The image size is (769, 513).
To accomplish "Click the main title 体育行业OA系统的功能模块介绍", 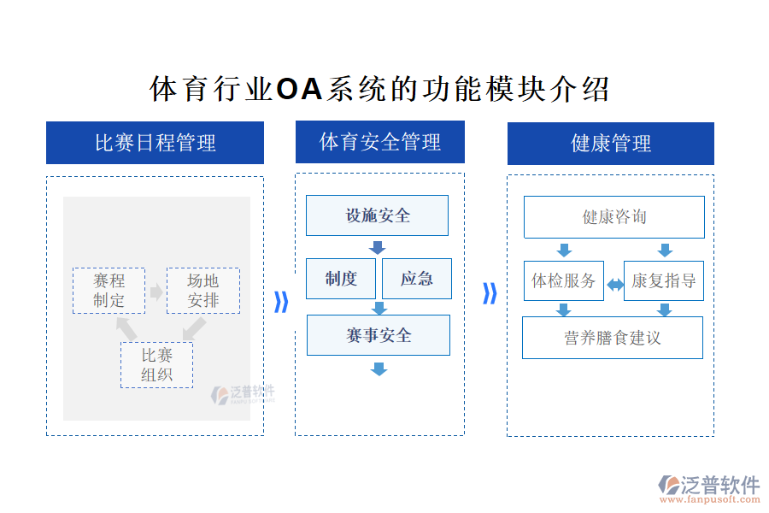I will click(x=380, y=89).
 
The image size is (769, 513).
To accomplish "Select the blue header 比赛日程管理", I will click(x=155, y=143).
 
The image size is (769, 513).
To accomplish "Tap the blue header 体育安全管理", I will click(x=379, y=142).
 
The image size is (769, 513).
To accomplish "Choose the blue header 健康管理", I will click(x=610, y=144).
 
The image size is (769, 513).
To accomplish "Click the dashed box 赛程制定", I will click(x=109, y=291).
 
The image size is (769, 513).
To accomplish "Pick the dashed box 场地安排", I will click(x=203, y=291).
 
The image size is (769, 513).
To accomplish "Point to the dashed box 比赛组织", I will click(x=156, y=365).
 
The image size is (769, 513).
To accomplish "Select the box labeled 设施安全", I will click(x=377, y=215).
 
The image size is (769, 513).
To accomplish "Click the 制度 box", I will click(x=341, y=279).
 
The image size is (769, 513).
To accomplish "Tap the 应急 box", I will click(x=416, y=279).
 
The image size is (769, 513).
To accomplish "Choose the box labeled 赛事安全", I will click(x=378, y=335).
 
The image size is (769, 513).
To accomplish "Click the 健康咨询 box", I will click(x=613, y=217).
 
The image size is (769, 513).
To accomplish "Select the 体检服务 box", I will click(x=564, y=281).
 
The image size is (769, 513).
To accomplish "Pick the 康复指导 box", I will click(x=664, y=281).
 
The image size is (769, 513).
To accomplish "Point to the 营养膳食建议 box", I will click(x=612, y=338).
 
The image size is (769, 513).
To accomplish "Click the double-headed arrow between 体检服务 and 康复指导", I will click(x=614, y=285).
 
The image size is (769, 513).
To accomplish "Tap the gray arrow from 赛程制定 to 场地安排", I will click(x=156, y=292).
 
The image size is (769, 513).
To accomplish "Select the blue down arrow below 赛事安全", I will click(x=379, y=369).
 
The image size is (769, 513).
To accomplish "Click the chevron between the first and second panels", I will click(x=280, y=302).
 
